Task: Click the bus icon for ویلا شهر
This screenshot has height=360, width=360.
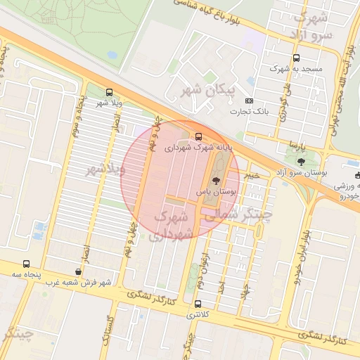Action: coord(109,92)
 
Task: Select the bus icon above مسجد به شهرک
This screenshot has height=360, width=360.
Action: coord(296,58)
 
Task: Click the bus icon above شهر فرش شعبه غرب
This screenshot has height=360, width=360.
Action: coord(77,271)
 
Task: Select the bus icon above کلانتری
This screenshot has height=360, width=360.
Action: coord(197,304)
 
